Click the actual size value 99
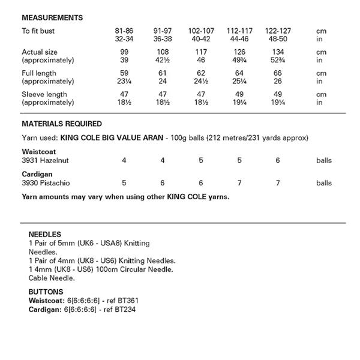124,52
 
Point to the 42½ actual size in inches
160,60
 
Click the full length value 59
124,73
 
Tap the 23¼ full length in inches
124,81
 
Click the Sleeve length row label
44,94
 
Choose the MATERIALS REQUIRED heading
62,124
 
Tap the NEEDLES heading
44,234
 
